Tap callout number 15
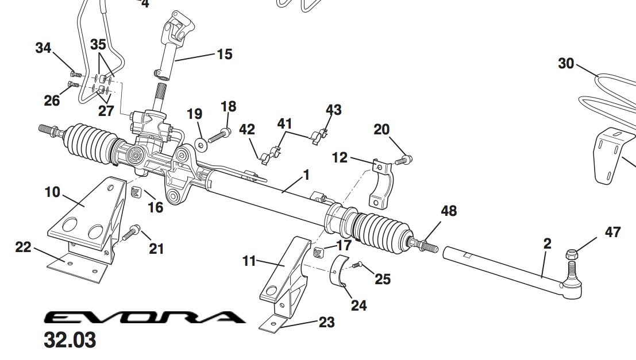[x=224, y=55]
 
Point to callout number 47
[x=612, y=233]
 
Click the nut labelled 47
[x=573, y=253]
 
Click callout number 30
[x=566, y=63]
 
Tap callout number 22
[x=23, y=247]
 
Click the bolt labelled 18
[x=219, y=136]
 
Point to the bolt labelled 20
[x=405, y=160]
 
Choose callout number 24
[x=359, y=305]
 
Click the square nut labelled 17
[x=319, y=251]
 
